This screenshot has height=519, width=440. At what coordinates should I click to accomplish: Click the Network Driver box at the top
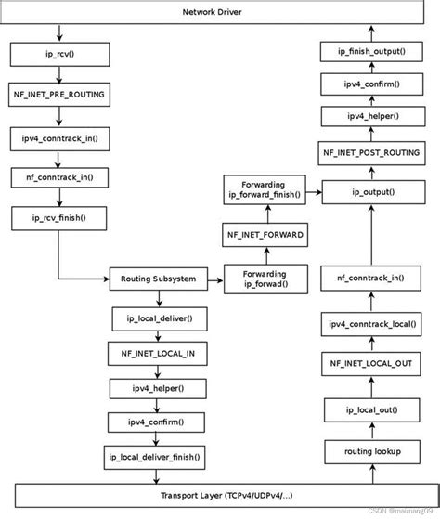pos(219,13)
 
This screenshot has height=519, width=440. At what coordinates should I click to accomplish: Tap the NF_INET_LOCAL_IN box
pos(155,353)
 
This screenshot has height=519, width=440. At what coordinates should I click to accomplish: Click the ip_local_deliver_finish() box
pos(155,456)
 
